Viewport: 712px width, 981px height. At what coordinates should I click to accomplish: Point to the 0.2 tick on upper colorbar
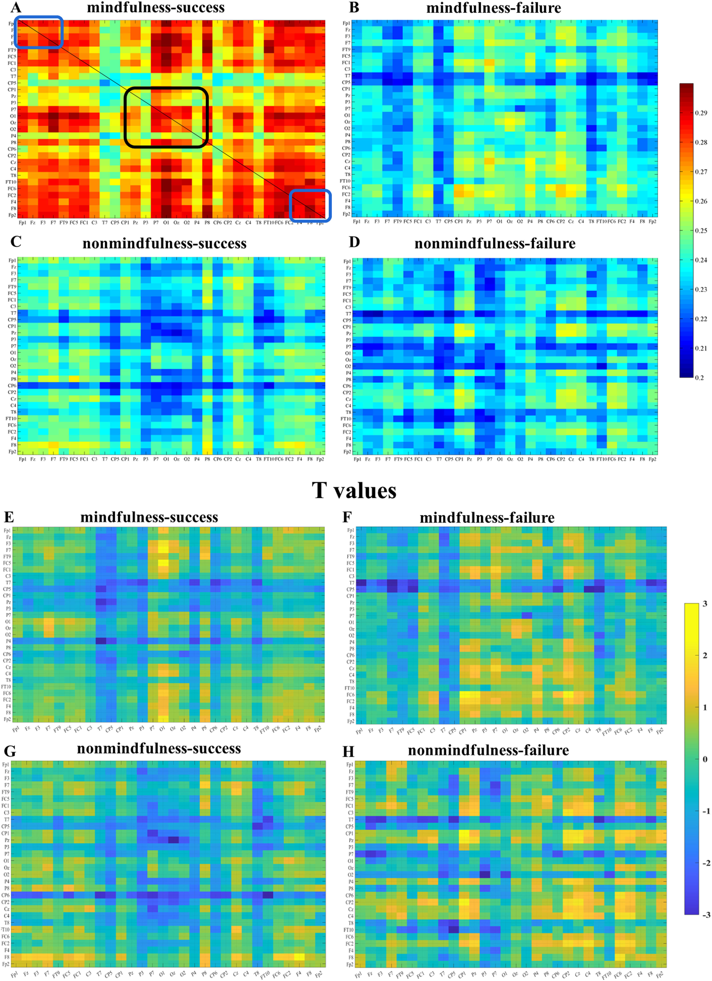pos(699,378)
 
